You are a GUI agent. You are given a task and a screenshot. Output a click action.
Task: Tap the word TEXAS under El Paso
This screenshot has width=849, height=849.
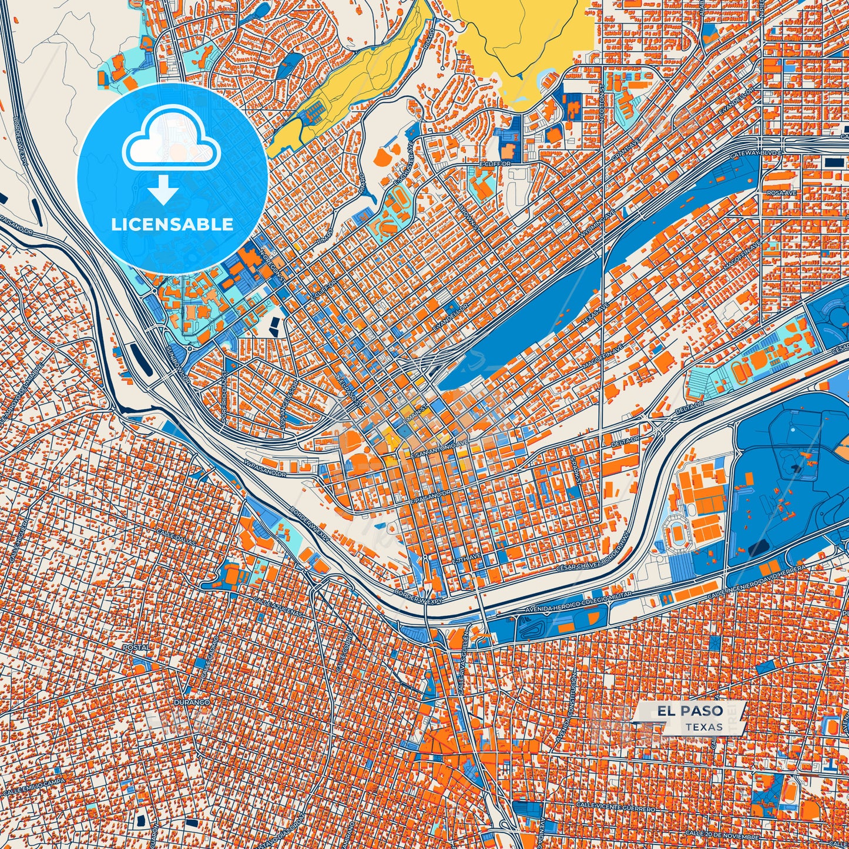[703, 727]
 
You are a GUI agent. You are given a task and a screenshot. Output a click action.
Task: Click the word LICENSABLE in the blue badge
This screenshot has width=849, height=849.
[172, 224]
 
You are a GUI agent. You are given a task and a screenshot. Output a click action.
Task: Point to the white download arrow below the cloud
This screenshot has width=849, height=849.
[163, 190]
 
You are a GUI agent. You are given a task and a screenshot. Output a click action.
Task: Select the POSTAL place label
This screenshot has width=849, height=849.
[136, 647]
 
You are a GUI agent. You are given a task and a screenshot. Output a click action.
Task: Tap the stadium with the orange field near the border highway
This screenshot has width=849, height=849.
[676, 533]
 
